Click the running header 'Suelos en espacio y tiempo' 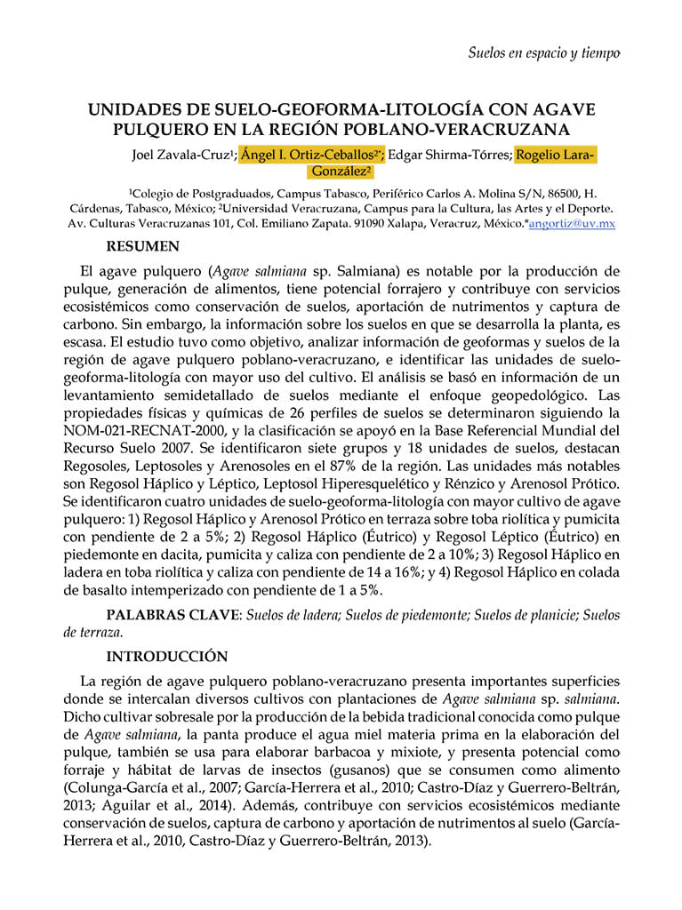tap(543, 52)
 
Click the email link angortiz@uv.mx tap(572, 225)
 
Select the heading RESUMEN tap(142, 245)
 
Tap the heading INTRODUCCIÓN tap(167, 657)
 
